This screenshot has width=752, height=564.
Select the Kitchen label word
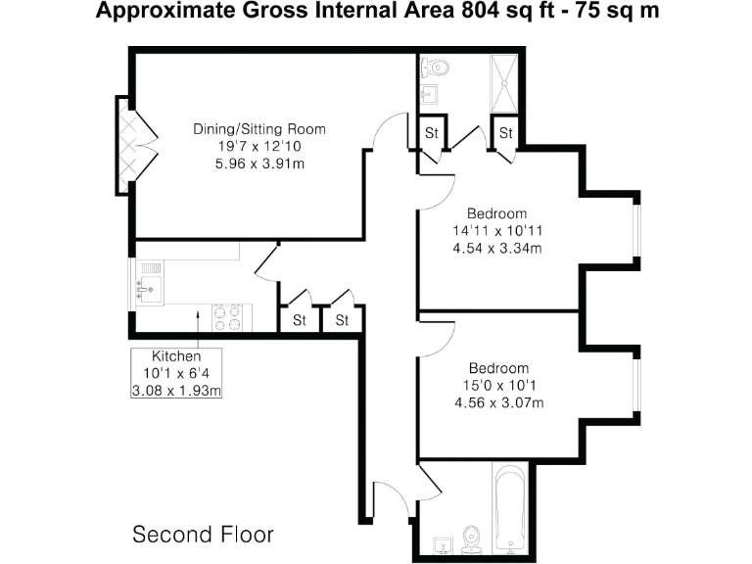coord(176,356)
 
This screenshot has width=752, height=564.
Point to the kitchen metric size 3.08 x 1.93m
coord(176,391)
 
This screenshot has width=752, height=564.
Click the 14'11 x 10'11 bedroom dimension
coord(496,231)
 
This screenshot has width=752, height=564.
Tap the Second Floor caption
coord(203,535)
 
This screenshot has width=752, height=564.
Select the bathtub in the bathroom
coord(512,508)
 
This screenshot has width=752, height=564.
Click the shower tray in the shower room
coord(505,85)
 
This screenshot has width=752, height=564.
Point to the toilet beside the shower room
coord(434,67)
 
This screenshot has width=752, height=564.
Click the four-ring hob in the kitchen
coord(227,317)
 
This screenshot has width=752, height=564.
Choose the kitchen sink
coord(150,290)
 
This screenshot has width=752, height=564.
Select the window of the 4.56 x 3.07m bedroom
coord(636,389)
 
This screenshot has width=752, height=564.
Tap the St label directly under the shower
coord(506,133)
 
